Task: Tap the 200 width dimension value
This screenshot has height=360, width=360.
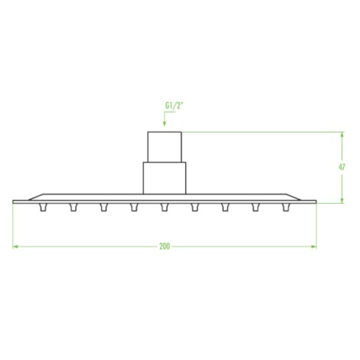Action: coord(165,247)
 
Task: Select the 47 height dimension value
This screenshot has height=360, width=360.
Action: coord(342,167)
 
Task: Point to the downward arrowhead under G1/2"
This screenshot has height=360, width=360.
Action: coord(165,124)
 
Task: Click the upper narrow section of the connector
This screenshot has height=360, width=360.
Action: coord(165,147)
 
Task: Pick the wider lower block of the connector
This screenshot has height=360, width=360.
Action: coord(165,178)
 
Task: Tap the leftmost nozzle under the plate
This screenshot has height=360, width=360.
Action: coord(43,208)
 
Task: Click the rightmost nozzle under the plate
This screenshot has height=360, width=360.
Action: coord(286,208)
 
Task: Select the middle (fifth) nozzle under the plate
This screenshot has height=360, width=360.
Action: coord(165,208)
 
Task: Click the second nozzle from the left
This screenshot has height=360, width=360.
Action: coord(74,208)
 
